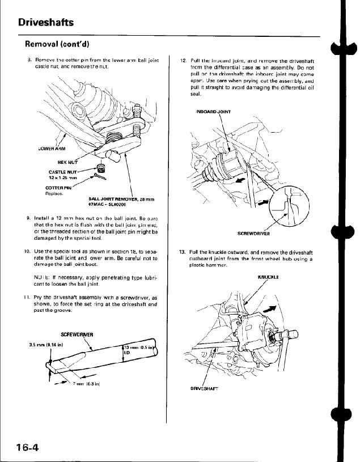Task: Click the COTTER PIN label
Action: coord(59,188)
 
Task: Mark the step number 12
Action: coord(182,59)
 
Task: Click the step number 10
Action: coord(27,250)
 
